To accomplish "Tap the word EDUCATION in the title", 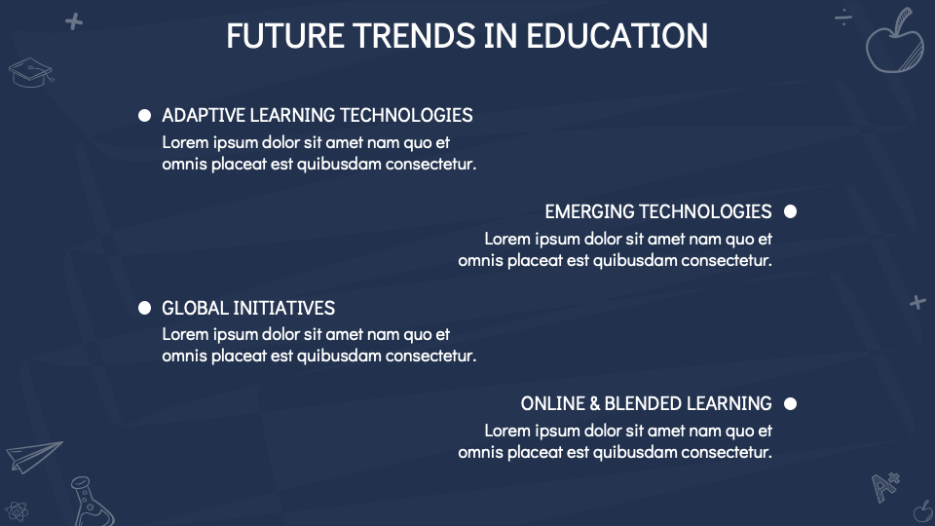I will point(617,36).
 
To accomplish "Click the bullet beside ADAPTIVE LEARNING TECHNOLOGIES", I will point(145,115).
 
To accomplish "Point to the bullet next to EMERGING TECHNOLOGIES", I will point(790,211).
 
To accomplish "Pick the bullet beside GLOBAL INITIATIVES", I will point(145,308).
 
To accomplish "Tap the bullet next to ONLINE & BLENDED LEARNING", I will point(790,403).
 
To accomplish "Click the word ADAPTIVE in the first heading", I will point(204,115).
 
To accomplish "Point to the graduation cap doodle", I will point(30,71).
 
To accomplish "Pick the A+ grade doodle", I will point(885,485).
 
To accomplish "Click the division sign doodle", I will point(843,17).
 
